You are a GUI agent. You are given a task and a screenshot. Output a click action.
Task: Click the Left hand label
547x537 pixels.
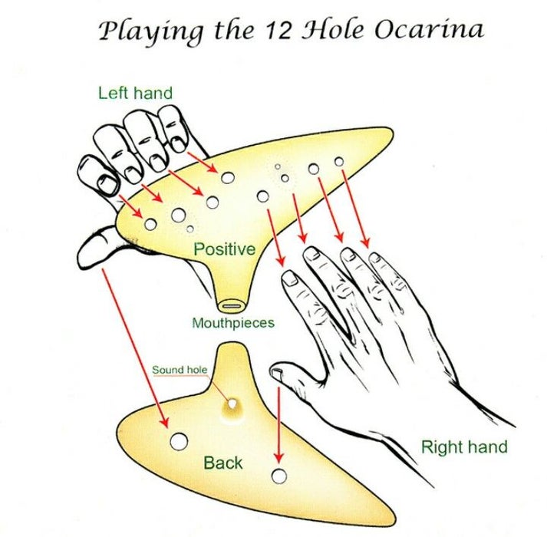coord(135,94)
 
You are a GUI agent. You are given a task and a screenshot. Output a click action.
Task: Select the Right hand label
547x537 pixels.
coord(464,446)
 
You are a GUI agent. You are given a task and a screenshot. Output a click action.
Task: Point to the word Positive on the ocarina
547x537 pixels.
coord(224,249)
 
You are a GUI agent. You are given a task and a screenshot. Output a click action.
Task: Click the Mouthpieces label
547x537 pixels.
coord(232,323)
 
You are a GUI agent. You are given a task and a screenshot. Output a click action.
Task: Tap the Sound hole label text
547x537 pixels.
coord(179,371)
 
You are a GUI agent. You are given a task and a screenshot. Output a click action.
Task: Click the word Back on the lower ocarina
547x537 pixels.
coord(223,463)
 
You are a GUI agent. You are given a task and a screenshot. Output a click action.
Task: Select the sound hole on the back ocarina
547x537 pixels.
coord(231,404)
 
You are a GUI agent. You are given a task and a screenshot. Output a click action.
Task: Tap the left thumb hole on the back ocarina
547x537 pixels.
coord(179,441)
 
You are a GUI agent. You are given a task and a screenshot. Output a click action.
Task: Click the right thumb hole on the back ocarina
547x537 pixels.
coord(279,476)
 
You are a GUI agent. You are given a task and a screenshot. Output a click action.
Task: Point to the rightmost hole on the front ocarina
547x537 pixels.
coord(338,162)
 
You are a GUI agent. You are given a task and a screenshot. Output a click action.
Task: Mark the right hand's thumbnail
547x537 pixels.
coord(278,374)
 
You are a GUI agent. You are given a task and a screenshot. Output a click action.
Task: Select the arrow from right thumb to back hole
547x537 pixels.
coord(278,422)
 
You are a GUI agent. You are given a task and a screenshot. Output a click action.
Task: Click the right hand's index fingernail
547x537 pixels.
coord(290,278)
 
